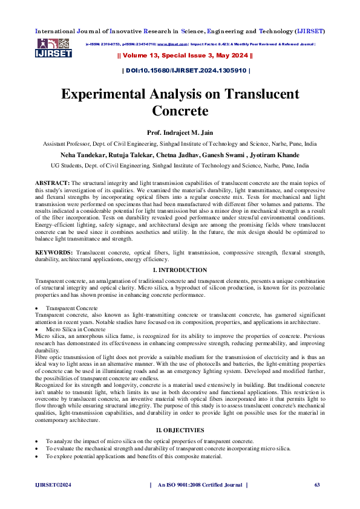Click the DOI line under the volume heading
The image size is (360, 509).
(x=186, y=71)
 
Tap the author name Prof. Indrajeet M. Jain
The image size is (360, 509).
(x=179, y=132)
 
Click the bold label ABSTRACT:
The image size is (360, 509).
(x=52, y=181)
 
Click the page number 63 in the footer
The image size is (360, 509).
(x=316, y=485)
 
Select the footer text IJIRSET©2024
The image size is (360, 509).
(x=52, y=485)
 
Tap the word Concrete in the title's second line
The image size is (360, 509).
(x=180, y=111)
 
